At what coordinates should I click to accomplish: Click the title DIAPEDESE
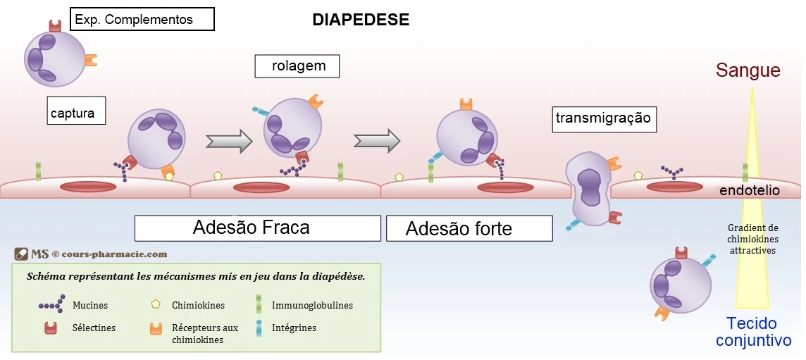click(360, 20)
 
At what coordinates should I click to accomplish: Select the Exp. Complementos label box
click(142, 19)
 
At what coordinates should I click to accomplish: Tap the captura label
click(76, 111)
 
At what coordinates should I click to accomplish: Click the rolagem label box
click(297, 66)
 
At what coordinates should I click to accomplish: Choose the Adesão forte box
click(469, 228)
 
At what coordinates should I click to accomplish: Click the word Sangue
click(748, 70)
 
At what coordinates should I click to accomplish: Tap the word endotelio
click(749, 191)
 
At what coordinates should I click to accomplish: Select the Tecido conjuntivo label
click(753, 333)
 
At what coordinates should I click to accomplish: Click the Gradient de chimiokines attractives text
click(752, 239)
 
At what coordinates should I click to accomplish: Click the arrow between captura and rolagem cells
click(228, 141)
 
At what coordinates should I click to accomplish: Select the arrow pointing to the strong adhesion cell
click(376, 141)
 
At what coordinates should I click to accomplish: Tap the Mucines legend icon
click(51, 305)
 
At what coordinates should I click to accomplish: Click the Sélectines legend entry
click(94, 328)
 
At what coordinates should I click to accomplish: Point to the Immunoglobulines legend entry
click(312, 305)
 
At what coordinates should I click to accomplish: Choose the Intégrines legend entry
click(294, 328)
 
